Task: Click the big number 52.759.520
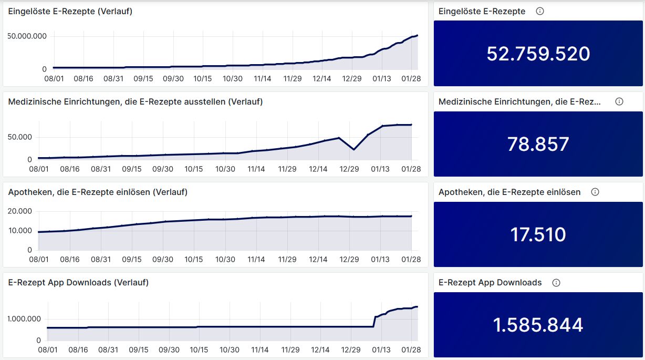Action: click(x=538, y=54)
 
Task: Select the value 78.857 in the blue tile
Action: click(x=538, y=144)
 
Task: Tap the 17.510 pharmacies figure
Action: click(x=538, y=234)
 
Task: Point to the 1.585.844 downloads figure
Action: click(x=538, y=325)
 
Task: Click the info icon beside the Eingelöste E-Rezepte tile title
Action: click(x=540, y=11)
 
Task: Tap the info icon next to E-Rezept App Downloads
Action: click(x=556, y=283)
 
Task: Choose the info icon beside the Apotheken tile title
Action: click(x=595, y=192)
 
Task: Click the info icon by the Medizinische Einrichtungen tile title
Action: click(x=619, y=101)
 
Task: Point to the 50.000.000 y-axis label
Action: click(x=27, y=36)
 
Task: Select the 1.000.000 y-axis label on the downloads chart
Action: click(x=24, y=319)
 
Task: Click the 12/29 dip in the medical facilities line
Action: click(x=353, y=150)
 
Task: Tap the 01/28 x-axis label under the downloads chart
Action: click(x=412, y=350)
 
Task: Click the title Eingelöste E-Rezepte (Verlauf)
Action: click(x=70, y=11)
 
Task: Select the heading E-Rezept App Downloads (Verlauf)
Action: click(x=78, y=283)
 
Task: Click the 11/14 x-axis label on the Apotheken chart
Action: click(x=256, y=260)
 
